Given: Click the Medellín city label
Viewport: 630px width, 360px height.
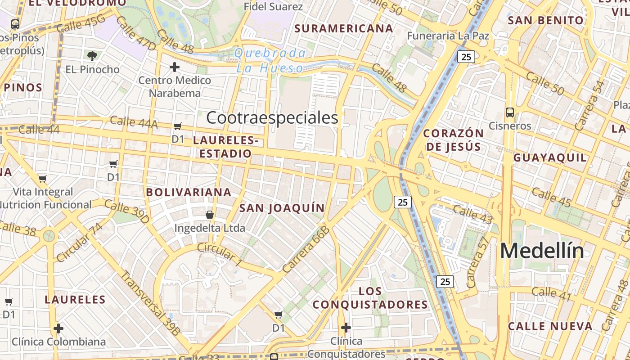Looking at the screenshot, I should click(542, 251).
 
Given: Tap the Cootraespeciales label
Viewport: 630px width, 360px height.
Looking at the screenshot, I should click(272, 118).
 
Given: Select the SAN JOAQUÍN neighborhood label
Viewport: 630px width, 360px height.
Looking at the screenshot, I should click(282, 208).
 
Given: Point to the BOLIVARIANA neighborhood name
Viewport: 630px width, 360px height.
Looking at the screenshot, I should click(189, 193).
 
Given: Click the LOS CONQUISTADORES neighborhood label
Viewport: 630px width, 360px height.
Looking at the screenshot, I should click(370, 298).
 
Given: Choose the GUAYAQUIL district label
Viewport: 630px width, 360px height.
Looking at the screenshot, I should click(550, 158).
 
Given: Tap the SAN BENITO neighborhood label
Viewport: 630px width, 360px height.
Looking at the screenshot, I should click(545, 21).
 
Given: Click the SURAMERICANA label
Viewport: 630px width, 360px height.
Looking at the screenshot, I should click(344, 29).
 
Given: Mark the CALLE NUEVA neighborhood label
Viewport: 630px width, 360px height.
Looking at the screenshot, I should click(550, 326).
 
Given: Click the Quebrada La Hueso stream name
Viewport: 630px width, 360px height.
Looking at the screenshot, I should click(270, 61).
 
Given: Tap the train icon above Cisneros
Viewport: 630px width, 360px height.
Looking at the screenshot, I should click(510, 112).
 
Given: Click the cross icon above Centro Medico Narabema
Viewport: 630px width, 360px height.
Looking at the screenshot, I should click(175, 67).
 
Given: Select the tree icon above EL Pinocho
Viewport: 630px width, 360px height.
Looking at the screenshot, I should click(92, 56).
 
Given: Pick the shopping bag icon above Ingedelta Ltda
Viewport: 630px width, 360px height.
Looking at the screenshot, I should click(209, 215).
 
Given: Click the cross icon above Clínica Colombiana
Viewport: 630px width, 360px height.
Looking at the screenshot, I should click(58, 328).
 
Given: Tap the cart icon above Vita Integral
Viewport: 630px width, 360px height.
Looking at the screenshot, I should click(43, 179).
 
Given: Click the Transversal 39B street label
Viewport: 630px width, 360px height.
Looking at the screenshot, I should click(150, 303).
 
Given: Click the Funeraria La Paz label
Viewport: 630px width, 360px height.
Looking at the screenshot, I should click(448, 36).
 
